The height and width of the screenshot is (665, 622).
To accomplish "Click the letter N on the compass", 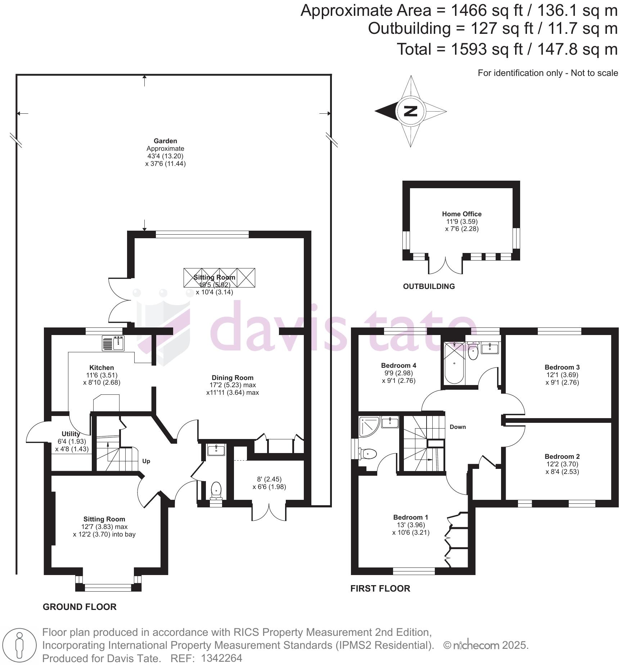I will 410,111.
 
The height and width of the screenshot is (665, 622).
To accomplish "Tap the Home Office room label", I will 461,214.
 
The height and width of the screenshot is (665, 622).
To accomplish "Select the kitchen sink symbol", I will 113,343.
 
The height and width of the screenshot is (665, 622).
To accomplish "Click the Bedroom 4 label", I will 398,365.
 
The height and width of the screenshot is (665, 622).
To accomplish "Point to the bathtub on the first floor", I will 454,363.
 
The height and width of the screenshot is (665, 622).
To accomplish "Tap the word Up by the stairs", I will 146,461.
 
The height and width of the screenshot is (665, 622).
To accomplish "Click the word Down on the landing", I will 458,427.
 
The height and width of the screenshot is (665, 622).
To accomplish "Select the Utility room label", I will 71,434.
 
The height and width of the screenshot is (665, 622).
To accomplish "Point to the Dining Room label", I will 232,377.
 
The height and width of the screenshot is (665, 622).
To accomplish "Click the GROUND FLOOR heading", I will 80,607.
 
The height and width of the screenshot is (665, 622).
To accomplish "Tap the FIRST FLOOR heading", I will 380,589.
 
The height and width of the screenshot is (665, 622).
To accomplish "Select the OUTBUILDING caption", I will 429,286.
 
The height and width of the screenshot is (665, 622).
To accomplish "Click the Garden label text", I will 165,141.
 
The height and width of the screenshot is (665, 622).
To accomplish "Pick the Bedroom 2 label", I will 562,456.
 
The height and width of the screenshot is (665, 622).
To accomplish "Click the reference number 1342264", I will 221,659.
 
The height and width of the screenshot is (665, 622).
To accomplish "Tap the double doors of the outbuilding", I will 445,266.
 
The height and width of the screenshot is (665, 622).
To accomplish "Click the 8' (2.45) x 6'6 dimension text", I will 269,483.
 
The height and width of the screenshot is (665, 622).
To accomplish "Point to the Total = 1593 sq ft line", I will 507,49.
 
